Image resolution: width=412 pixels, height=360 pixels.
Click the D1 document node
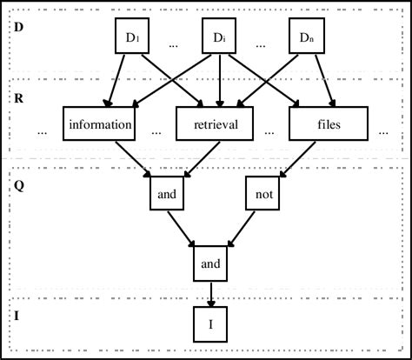click(133, 38)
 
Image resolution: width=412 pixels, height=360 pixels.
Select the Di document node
click(219, 38)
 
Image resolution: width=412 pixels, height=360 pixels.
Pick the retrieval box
click(219, 124)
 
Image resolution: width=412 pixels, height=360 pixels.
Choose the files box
click(329, 124)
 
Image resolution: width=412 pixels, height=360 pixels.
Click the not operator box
click(262, 196)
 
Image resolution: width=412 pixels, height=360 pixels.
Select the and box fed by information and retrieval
click(167, 196)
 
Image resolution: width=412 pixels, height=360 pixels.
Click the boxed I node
click(209, 324)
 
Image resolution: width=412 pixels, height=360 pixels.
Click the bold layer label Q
click(19, 184)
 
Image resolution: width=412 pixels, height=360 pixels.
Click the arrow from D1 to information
click(118, 80)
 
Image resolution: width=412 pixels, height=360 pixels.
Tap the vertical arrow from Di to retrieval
click(219, 80)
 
